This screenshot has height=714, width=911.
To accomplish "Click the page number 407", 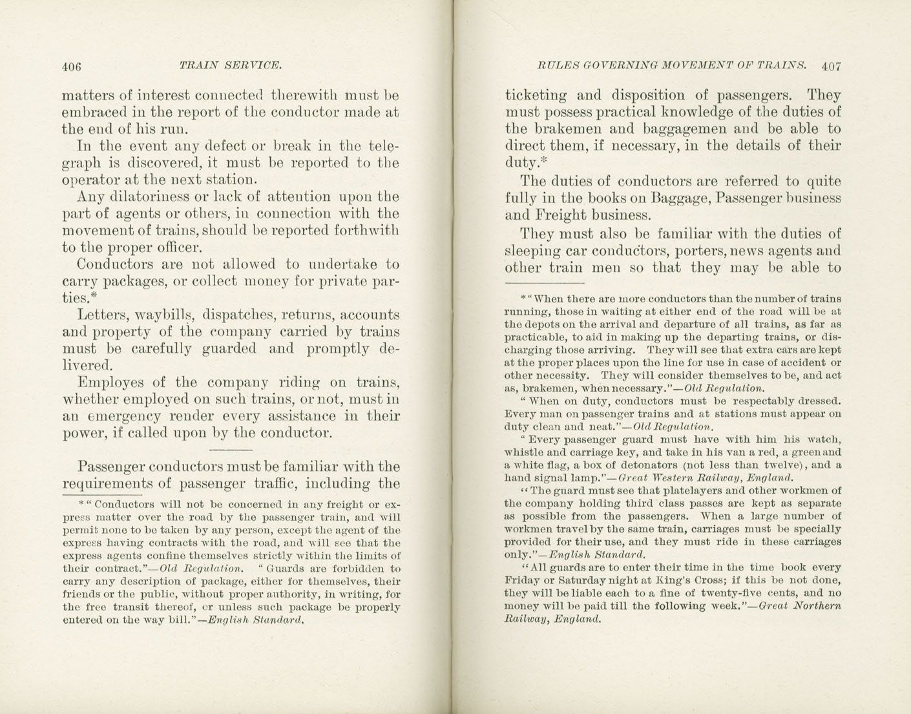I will pyautogui.click(x=832, y=65).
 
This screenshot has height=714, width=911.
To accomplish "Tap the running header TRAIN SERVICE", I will pyautogui.click(x=230, y=65).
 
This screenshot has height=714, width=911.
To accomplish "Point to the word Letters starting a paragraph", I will pyautogui.click(x=103, y=315).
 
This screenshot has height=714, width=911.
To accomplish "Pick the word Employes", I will pyautogui.click(x=109, y=382).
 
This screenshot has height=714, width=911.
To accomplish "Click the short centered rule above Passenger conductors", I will pyautogui.click(x=231, y=450).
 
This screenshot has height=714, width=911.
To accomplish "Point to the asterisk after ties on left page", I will pyautogui.click(x=94, y=297).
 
